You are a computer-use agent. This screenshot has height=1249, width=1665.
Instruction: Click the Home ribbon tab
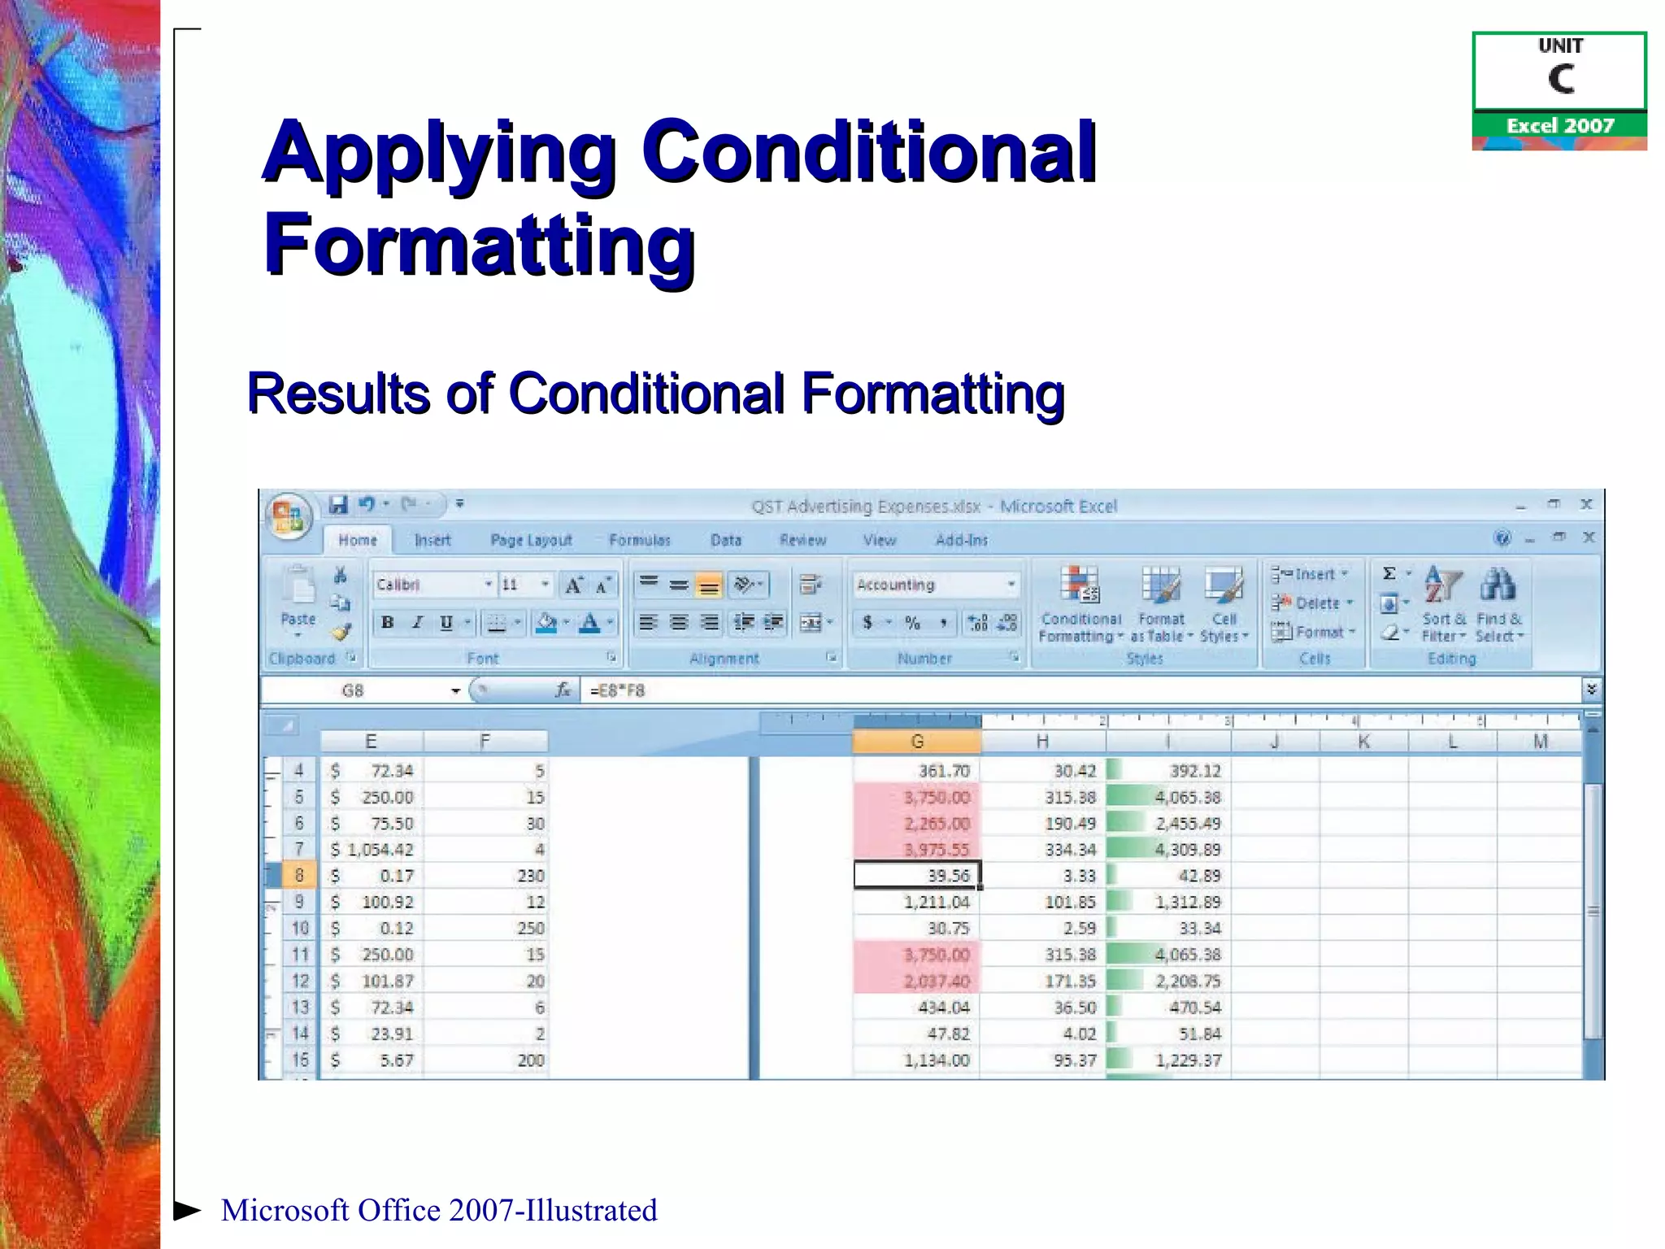(357, 540)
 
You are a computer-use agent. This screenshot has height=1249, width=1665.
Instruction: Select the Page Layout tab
(531, 540)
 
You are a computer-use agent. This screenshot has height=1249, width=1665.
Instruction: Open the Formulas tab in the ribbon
(639, 540)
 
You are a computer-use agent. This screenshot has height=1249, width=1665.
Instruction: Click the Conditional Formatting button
(1080, 605)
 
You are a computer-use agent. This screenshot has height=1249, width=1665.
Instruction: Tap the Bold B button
(388, 623)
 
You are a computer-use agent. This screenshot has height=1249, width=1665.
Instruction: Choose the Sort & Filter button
(1444, 605)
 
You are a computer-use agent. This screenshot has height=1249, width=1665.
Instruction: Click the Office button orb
(289, 516)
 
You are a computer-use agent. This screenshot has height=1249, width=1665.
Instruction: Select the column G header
(917, 742)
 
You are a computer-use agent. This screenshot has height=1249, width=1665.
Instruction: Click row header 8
(299, 876)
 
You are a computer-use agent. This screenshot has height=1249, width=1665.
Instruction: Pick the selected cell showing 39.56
(917, 876)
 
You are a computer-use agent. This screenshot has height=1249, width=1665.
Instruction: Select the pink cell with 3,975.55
(917, 850)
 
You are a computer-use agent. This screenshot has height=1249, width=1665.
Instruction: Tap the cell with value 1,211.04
(917, 902)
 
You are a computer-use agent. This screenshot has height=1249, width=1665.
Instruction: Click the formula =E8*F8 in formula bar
(618, 690)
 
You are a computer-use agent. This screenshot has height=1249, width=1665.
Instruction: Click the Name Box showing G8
(353, 690)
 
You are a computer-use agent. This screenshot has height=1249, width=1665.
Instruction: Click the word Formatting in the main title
(480, 244)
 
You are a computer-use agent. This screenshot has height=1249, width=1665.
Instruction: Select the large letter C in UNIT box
(1560, 80)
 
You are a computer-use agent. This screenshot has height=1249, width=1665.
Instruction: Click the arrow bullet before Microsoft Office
(187, 1210)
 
